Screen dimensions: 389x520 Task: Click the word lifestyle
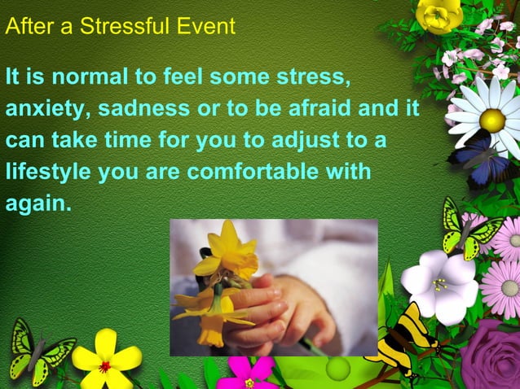tap(49, 173)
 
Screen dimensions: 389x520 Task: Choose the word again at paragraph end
tap(37, 203)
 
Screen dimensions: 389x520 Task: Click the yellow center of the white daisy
tap(491, 120)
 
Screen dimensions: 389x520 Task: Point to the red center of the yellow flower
tap(105, 366)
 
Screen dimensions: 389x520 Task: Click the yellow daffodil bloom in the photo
tap(231, 252)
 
